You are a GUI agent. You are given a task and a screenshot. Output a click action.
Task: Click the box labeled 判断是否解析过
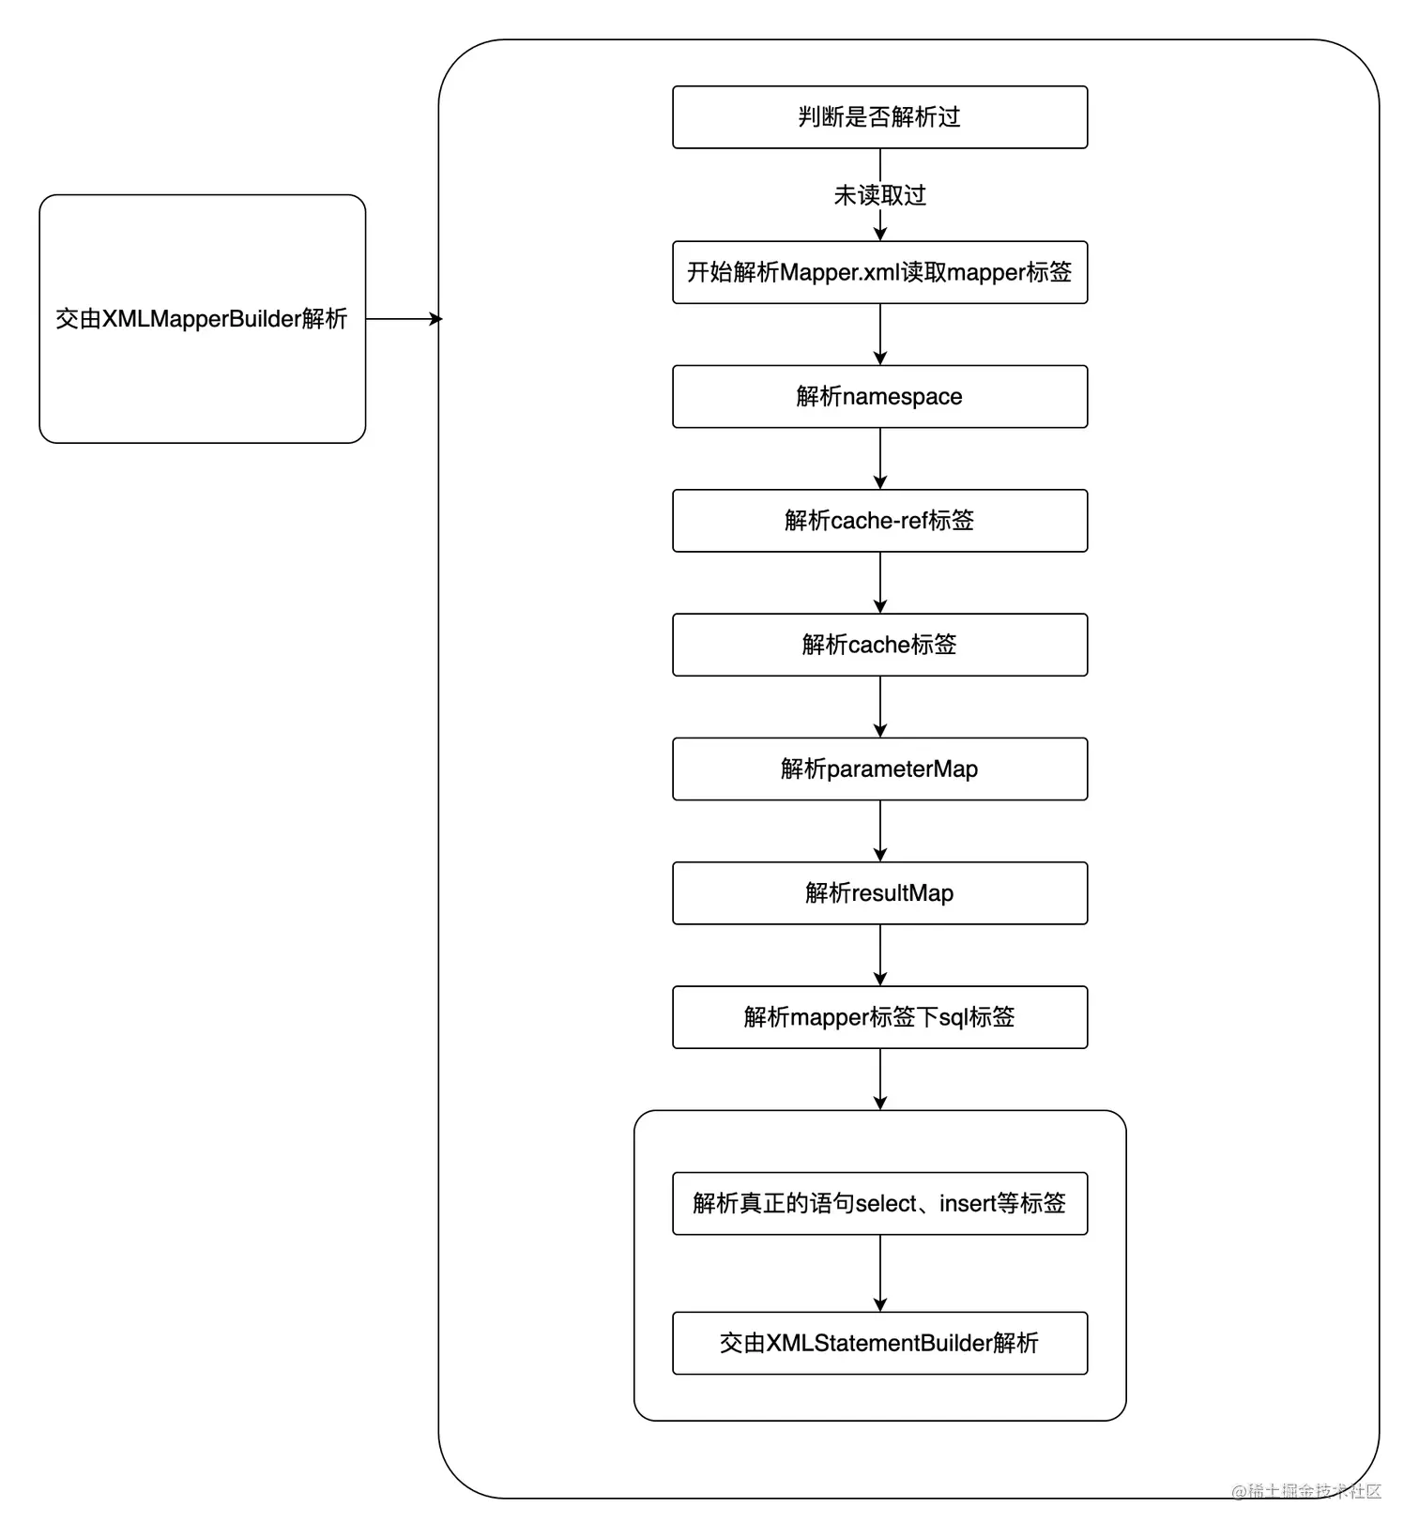point(879,117)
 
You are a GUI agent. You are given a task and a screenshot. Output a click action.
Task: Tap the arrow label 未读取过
point(879,195)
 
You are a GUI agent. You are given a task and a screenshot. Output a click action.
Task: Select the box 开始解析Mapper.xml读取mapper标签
point(879,272)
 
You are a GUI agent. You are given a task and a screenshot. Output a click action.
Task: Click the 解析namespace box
point(879,396)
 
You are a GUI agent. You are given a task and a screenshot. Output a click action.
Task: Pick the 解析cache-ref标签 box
point(879,520)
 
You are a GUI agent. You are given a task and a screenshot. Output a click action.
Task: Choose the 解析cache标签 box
point(879,645)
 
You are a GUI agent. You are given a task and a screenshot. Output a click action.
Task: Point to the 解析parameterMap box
point(879,769)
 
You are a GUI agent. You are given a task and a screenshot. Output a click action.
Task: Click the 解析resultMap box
point(879,892)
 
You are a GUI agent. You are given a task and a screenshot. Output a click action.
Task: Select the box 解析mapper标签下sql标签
point(879,1017)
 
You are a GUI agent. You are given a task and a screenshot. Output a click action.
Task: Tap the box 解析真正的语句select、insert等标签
point(879,1203)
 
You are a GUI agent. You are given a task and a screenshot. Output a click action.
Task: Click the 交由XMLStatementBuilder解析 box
point(879,1343)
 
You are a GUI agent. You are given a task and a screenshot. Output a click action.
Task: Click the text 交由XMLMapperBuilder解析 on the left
point(202,319)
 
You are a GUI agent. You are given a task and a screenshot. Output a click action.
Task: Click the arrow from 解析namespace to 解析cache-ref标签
point(879,458)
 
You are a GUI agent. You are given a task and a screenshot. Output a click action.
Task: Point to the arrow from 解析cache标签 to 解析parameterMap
point(879,707)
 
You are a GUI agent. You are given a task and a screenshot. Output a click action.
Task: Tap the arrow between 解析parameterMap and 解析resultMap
point(879,830)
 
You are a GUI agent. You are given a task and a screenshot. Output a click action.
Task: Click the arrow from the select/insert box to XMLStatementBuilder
point(879,1272)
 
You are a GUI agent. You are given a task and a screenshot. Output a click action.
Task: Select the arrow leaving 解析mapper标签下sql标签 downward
point(879,1079)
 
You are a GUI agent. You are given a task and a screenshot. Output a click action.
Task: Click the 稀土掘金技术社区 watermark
point(1306,1491)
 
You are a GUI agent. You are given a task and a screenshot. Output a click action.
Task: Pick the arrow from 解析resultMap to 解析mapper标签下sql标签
point(879,954)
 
